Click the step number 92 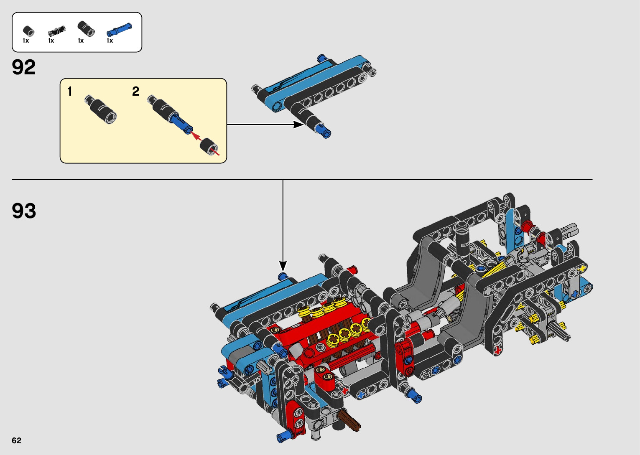pos(24,67)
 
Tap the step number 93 pos(24,211)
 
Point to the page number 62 pos(17,440)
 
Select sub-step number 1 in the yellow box pos(70,92)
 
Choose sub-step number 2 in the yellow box pos(136,92)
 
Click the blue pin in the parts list pos(119,30)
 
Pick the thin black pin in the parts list pos(56,31)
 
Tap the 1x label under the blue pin pos(110,41)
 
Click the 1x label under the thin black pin pos(51,41)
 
